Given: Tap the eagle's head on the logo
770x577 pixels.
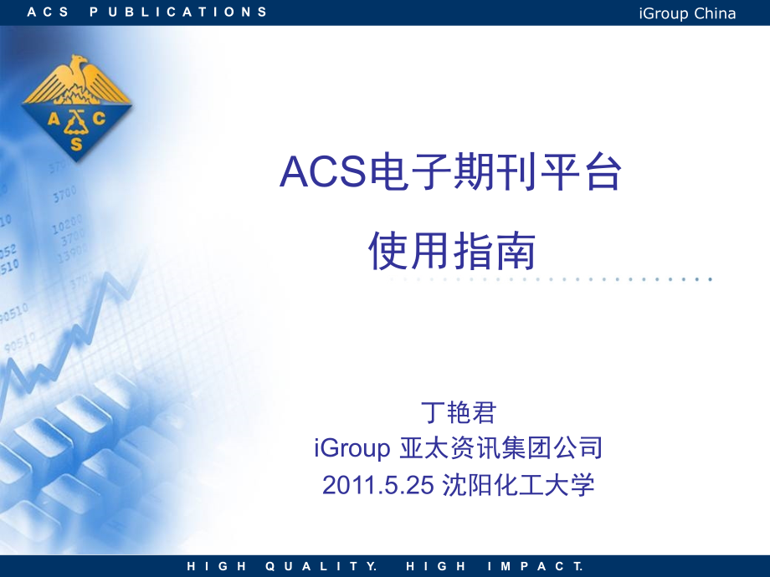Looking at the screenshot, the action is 78,61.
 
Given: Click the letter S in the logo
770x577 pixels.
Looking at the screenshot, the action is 77,144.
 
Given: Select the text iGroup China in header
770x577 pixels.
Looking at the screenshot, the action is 687,13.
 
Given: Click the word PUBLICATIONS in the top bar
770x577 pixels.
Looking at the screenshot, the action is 179,12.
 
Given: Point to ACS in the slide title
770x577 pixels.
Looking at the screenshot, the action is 323,171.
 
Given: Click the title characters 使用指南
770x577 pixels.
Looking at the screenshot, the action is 452,251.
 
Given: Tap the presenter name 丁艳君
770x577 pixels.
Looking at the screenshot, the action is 459,412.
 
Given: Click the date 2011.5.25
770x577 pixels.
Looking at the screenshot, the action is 378,485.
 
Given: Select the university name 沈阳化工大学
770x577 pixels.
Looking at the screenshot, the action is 518,485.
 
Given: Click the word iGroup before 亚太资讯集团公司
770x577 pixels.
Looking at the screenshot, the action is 352,448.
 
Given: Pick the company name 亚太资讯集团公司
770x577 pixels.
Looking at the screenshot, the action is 501,447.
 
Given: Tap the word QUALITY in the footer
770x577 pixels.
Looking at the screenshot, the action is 321,566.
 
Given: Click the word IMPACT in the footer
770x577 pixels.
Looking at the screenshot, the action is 536,566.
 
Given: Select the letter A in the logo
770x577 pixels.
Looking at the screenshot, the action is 54,118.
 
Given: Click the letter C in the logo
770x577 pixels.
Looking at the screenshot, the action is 100,118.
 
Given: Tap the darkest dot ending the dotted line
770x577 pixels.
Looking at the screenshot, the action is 710,279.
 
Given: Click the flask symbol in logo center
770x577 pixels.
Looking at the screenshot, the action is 76,123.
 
